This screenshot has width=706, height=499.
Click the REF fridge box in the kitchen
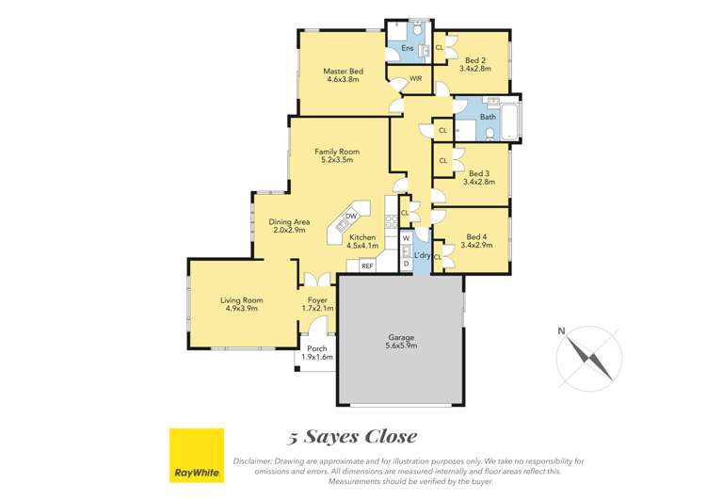(367, 266)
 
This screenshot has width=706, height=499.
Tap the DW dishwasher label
(350, 216)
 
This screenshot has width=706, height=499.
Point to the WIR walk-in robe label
(414, 78)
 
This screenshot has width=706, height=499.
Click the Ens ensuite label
(407, 47)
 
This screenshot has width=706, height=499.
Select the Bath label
(488, 117)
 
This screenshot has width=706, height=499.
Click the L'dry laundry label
(422, 255)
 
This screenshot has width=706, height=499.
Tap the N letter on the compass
(561, 330)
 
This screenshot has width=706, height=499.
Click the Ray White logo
(196, 455)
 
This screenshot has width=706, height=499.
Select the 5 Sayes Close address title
(352, 437)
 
